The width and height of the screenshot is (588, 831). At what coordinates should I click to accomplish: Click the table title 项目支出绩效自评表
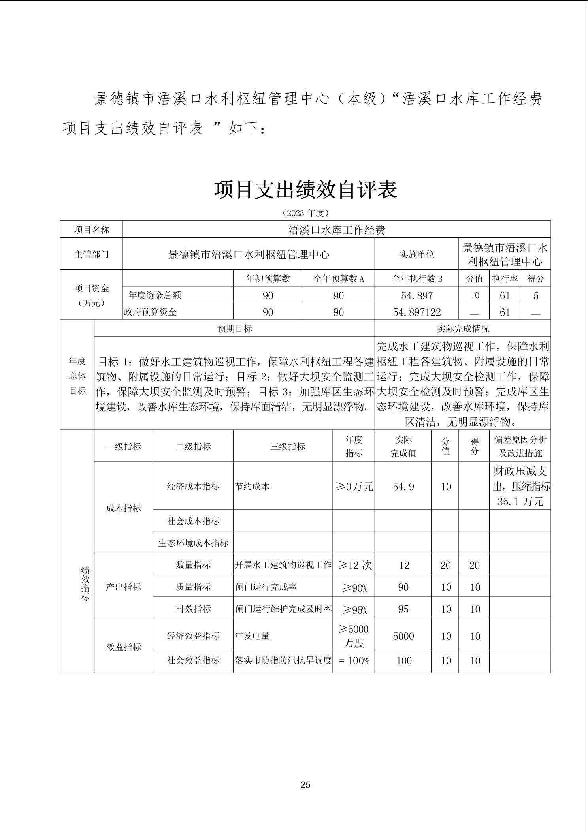pos(305,190)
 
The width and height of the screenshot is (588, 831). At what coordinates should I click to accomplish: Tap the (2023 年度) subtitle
pos(305,213)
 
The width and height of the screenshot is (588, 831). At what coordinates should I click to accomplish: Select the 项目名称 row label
pos(91,230)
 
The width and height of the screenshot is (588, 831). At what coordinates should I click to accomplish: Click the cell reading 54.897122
pos(416,312)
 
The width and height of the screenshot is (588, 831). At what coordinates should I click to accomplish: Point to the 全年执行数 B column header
pos(416,279)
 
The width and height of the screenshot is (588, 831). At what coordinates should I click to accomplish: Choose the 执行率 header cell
pos(505,279)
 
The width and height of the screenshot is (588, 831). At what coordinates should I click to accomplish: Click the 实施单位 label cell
pos(416,254)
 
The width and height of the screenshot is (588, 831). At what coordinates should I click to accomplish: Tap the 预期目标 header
pos(234,329)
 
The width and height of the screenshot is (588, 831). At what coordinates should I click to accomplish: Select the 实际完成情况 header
pos(462,329)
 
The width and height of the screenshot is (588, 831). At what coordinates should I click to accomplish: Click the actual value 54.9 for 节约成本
pos(403,487)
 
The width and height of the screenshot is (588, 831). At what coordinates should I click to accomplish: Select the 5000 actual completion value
pos(403,636)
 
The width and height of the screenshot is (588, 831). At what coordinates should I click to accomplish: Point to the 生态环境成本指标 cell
pos(193,543)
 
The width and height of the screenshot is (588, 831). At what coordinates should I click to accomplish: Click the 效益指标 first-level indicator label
pos(123,647)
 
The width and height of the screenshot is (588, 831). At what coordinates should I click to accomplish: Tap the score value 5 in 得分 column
pos(535,295)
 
